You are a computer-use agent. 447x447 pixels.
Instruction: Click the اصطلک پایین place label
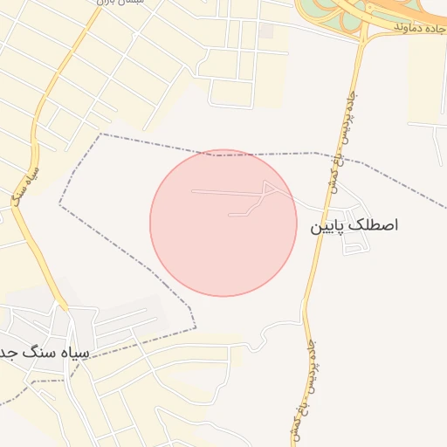click(x=354, y=225)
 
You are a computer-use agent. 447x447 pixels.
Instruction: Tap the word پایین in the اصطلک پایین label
click(x=329, y=226)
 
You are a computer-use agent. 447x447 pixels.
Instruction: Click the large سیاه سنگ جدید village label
click(x=44, y=352)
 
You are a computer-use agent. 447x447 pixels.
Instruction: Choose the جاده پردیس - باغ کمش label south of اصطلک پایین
click(x=301, y=384)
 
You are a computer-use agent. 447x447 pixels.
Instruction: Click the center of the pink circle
click(x=223, y=223)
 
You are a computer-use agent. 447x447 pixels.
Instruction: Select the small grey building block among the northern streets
click(x=266, y=31)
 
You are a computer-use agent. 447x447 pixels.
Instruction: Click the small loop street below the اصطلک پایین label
click(x=355, y=247)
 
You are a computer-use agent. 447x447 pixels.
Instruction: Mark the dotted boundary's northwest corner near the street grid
click(x=101, y=134)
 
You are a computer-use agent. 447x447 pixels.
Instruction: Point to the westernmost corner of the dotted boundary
click(x=59, y=204)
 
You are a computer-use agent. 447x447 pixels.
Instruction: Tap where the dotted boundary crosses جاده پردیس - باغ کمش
click(x=333, y=155)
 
